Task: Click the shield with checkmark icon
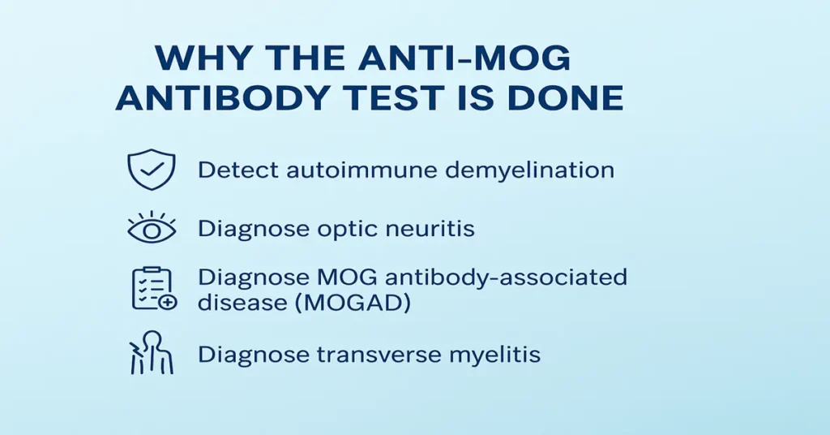point(152,170)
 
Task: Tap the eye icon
point(152,229)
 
